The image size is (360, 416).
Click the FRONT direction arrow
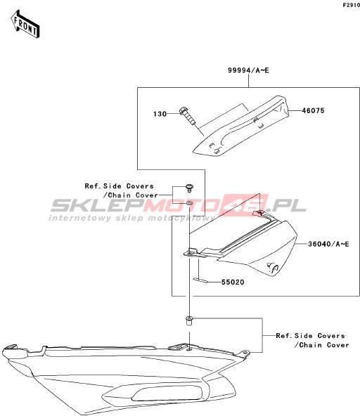(25, 24)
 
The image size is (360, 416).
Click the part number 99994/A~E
(248, 70)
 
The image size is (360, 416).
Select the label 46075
(313, 110)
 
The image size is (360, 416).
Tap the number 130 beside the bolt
(160, 114)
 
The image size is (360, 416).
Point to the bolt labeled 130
(188, 115)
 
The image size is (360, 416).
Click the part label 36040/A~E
(328, 244)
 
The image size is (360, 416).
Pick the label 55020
(233, 282)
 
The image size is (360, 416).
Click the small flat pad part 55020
(200, 280)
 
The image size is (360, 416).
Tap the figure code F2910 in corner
(352, 5)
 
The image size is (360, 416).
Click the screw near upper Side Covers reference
(189, 188)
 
